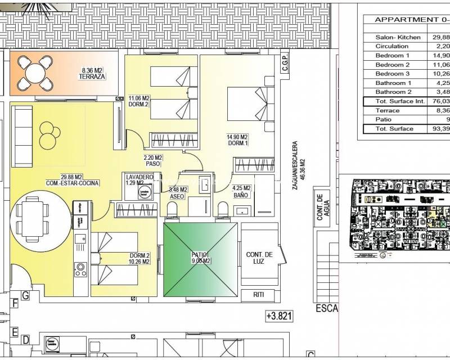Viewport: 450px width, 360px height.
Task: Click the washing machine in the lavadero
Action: tap(144, 193)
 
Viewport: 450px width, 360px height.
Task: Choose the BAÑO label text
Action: tap(241, 195)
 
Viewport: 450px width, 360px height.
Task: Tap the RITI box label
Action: tap(259, 294)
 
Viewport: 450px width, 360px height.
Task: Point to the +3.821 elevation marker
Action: tap(279, 317)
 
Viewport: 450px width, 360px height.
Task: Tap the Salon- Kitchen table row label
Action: tap(398, 37)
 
